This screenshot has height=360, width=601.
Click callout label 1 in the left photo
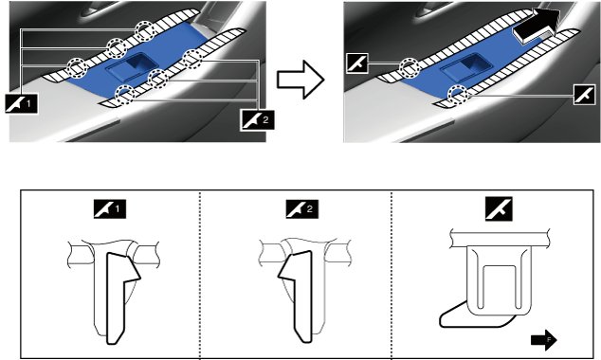22,103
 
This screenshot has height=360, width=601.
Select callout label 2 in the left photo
257,119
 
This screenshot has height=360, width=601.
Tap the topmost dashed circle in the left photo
144,30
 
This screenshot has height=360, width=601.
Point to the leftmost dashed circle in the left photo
77,67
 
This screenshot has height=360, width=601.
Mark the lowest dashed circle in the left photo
125,95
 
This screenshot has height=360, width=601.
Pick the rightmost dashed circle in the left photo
191,59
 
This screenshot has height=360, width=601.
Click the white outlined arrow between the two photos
300,80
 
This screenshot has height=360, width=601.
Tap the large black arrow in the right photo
536,25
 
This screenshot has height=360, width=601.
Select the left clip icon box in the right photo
356,63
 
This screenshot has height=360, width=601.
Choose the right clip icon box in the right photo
585,94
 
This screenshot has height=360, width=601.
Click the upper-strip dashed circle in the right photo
410,68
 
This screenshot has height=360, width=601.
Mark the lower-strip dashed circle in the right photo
460,95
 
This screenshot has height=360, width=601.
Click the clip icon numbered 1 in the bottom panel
110,209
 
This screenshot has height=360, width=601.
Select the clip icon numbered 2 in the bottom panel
302,209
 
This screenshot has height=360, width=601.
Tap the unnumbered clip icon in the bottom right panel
499,208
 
